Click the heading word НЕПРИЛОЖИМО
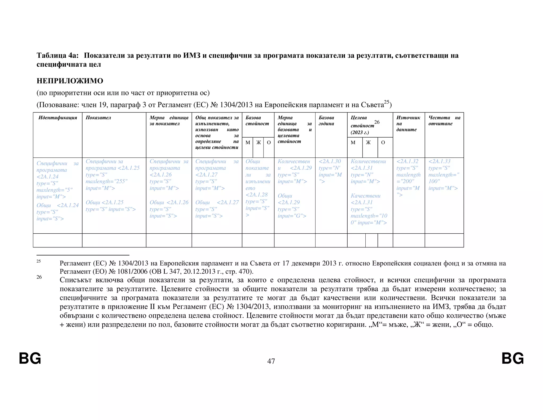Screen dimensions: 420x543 click(x=70, y=81)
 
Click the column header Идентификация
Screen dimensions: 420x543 click(x=58, y=118)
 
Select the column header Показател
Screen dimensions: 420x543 click(x=98, y=118)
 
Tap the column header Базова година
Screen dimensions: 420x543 click(x=326, y=121)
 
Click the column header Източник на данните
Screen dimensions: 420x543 click(x=408, y=123)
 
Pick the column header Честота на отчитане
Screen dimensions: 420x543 click(x=444, y=121)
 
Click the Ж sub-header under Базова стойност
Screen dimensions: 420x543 click(x=258, y=143)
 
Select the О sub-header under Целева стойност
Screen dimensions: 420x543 click(x=383, y=143)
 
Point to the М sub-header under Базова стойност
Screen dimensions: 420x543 click(x=248, y=143)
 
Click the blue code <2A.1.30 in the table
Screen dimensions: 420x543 click(x=330, y=161)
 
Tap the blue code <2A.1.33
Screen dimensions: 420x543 click(x=439, y=161)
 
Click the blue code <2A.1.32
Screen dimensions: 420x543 click(x=407, y=161)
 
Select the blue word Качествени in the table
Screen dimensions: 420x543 click(x=365, y=196)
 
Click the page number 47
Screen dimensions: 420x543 click(x=271, y=361)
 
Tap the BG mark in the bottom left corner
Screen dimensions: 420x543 click(x=30, y=359)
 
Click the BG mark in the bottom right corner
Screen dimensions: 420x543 click(x=513, y=359)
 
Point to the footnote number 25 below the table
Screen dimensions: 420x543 click(x=39, y=261)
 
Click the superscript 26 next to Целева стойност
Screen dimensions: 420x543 click(x=377, y=122)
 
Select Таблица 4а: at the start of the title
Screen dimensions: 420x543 click(x=58, y=55)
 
